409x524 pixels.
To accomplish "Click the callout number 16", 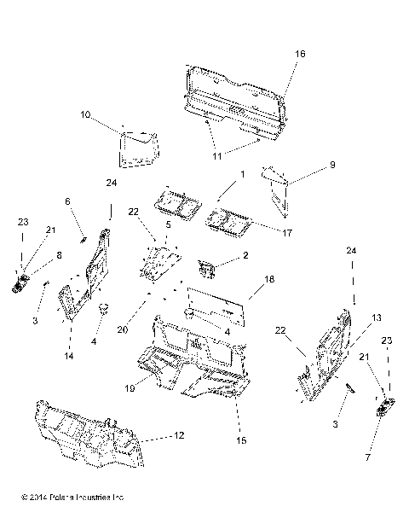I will pyautogui.click(x=299, y=53).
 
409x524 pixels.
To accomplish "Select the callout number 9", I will pyautogui.click(x=332, y=165).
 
